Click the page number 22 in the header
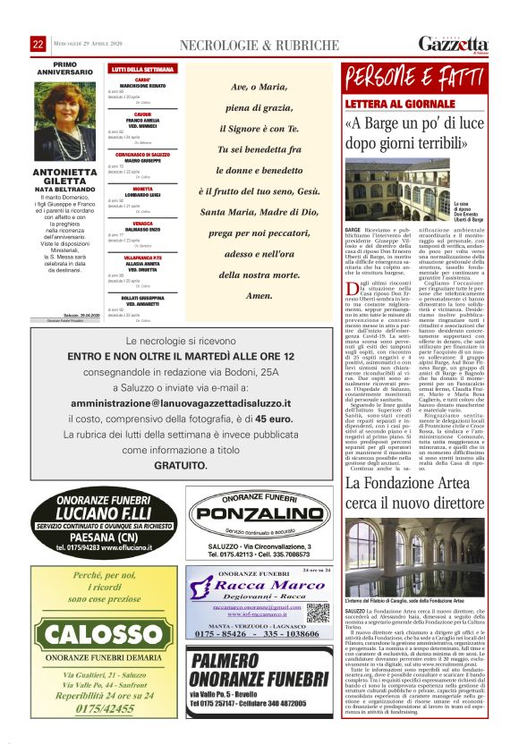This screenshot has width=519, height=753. (38, 45)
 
